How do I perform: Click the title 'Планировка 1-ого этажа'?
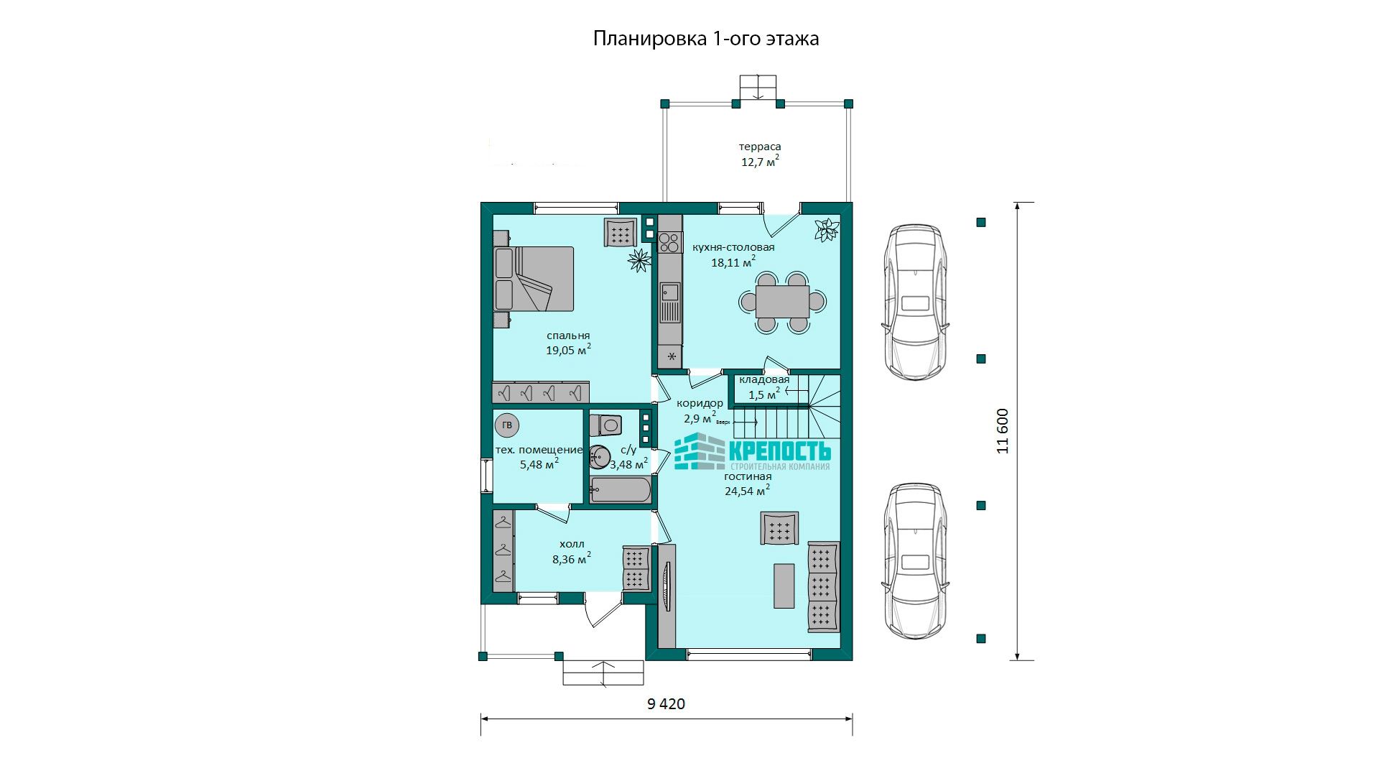tap(706, 38)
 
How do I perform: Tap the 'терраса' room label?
tap(760, 147)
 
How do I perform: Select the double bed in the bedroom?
tap(534, 279)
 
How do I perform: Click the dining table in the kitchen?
tap(782, 302)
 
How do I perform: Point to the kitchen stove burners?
tap(669, 242)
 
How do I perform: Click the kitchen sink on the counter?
tap(670, 292)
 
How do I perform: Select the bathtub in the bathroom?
tap(621, 489)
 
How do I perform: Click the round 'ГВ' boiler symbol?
tap(507, 425)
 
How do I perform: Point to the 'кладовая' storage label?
tap(764, 379)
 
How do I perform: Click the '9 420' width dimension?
tap(666, 704)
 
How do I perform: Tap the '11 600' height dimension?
tap(1003, 431)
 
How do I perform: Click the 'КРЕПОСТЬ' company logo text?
tap(780, 451)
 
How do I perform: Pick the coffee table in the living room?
tap(784, 586)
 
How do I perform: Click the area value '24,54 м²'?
tap(747, 491)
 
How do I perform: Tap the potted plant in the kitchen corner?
tap(827, 230)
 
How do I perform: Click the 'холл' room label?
tap(572, 544)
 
